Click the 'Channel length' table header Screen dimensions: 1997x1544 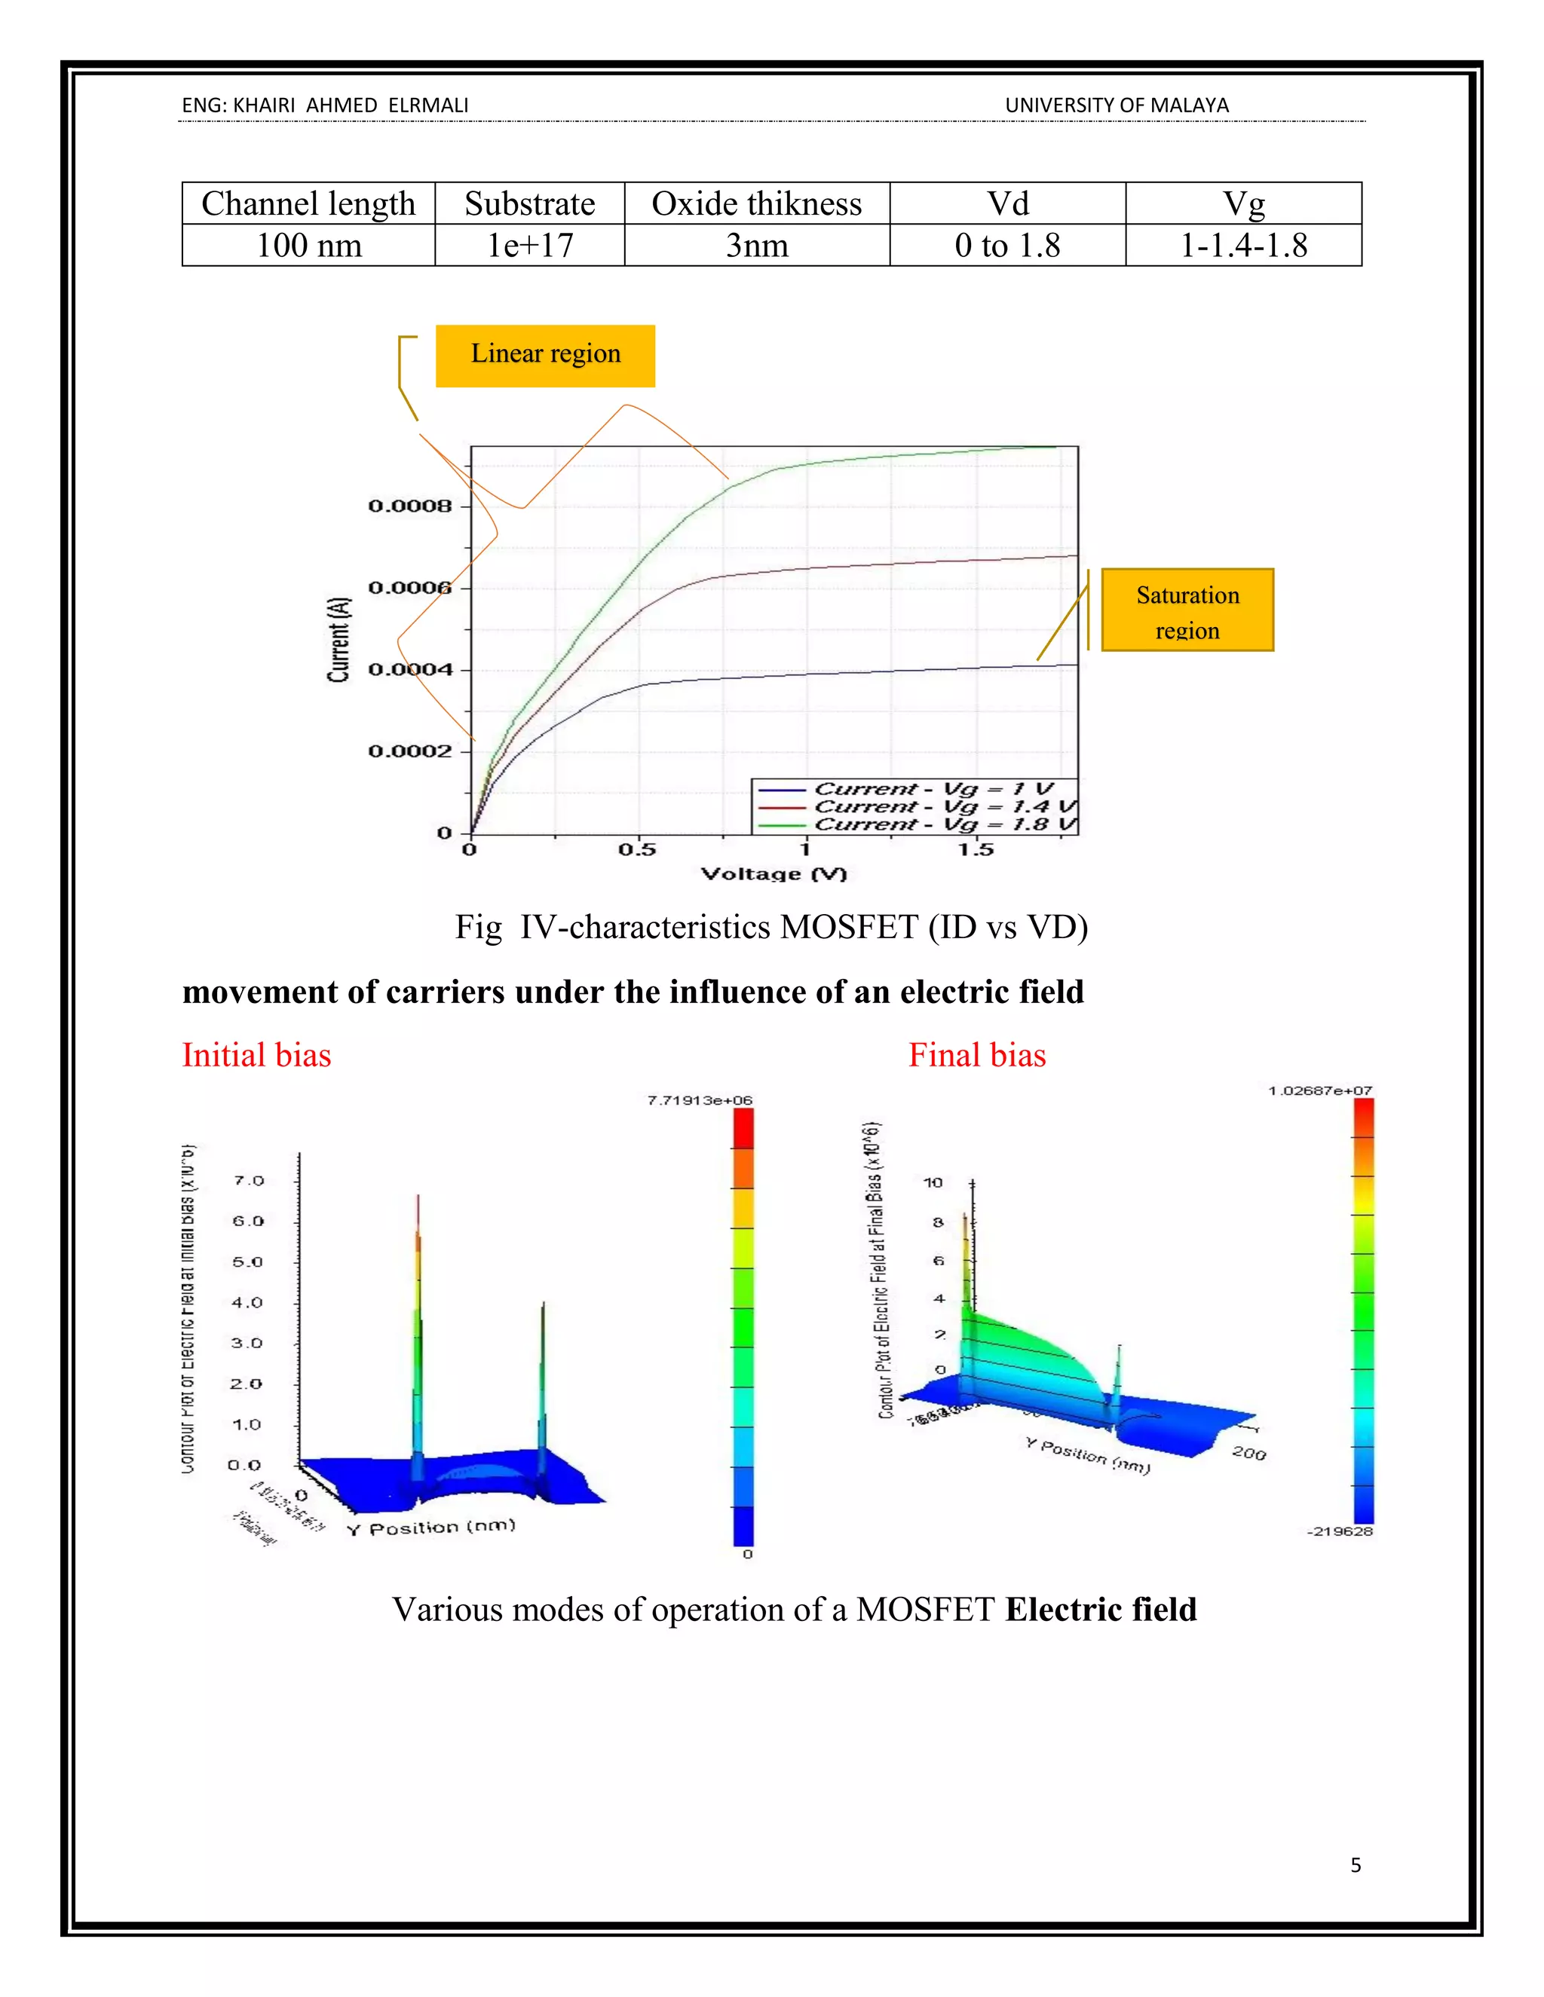coord(308,203)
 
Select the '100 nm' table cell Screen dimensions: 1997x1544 coord(308,245)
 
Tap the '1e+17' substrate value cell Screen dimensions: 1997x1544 coord(529,245)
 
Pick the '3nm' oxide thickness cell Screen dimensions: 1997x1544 coord(756,245)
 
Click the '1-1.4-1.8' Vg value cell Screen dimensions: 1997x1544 coord(1243,245)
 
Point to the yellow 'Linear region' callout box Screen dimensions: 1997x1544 coord(545,355)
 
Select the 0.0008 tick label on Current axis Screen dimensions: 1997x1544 coord(410,506)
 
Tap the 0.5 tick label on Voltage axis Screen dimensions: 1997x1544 coord(636,849)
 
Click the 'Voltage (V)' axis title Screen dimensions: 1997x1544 coord(774,874)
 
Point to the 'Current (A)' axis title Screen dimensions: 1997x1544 coord(339,640)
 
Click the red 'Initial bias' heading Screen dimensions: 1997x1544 coord(256,1055)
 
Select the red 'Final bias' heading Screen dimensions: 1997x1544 coord(977,1055)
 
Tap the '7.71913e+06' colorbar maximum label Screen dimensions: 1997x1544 coord(700,1100)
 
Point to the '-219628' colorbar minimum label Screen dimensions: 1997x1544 coord(1340,1531)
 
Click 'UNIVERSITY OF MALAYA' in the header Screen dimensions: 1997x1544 coord(1117,106)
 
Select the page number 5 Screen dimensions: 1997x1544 coord(1356,1865)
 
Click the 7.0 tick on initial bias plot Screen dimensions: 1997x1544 coord(248,1180)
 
